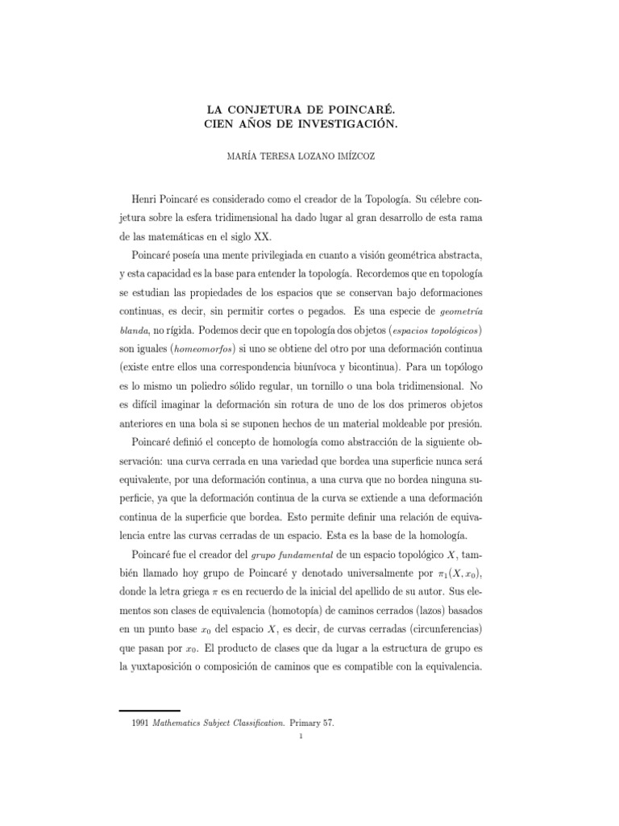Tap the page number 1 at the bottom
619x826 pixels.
pyautogui.click(x=300, y=735)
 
